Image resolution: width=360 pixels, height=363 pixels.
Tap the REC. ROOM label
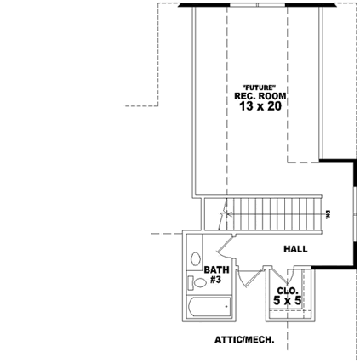(x=260, y=97)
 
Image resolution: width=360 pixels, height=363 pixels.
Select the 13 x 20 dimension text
(x=260, y=107)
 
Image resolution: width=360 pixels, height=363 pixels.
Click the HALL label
(x=295, y=249)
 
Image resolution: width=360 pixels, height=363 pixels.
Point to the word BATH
(x=215, y=270)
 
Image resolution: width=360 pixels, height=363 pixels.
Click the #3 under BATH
(x=215, y=279)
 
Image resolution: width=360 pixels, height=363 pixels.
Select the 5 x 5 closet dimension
(x=288, y=300)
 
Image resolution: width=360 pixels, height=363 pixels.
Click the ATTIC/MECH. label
(x=243, y=339)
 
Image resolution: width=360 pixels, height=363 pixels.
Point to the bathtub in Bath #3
(x=209, y=305)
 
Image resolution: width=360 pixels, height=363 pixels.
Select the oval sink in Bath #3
(x=195, y=258)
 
